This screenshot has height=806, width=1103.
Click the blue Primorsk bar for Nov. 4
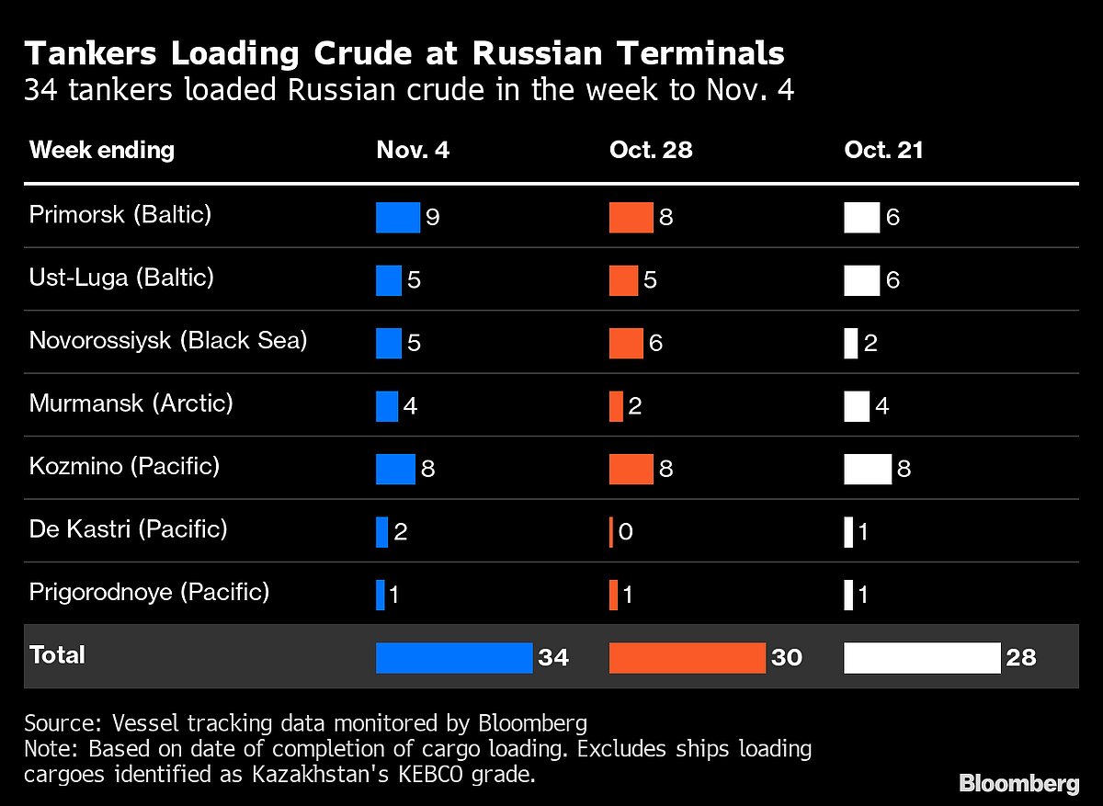pos(397,217)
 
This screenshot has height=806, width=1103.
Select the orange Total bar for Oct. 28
pos(687,657)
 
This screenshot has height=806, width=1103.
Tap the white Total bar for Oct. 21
pos(922,657)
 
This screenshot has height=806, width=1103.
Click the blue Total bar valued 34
pos(454,657)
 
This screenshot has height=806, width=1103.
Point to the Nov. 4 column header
pos(413,151)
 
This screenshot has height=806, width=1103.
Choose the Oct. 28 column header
pos(650,151)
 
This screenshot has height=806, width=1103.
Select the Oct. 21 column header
pos(883,151)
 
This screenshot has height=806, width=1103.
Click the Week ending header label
pos(102,151)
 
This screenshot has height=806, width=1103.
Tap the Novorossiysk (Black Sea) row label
pos(168,340)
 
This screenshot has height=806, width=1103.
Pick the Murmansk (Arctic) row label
pos(131,403)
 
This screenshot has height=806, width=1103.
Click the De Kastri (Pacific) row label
pos(129,529)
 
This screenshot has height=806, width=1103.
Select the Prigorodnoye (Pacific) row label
pos(149,592)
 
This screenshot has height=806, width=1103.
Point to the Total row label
pos(57,655)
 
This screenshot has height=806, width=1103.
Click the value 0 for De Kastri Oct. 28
pos(625,532)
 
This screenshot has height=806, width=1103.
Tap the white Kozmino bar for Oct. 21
pos(867,469)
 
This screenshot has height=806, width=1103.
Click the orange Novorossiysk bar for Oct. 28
pos(626,343)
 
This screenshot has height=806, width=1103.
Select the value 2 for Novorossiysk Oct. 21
pos(870,344)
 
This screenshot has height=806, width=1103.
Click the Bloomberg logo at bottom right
pos(1018,783)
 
